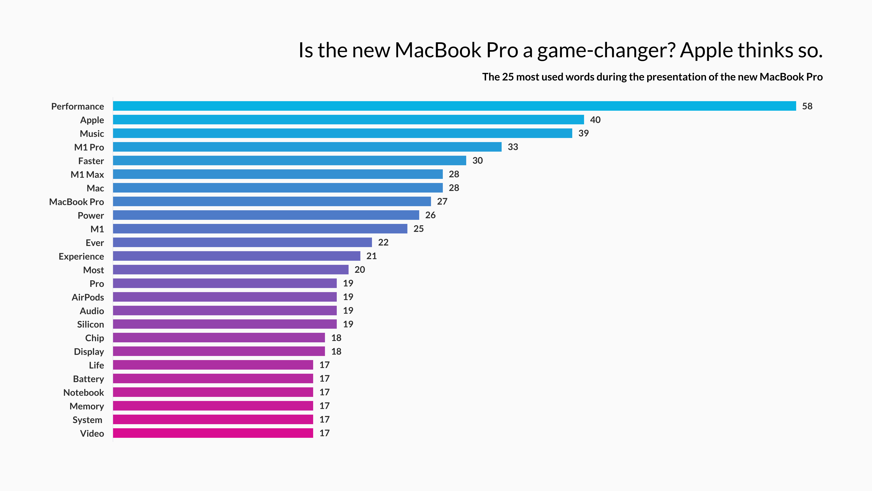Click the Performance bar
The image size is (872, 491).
coord(454,106)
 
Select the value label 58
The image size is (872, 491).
coord(807,106)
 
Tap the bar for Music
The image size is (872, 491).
coord(342,133)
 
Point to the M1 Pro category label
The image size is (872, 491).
coord(89,147)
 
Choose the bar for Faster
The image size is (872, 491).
coord(290,161)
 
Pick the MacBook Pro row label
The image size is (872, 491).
coord(77,202)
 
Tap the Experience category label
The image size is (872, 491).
coord(81,256)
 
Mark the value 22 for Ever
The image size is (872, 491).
coord(383,242)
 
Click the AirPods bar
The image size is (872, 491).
coord(225,297)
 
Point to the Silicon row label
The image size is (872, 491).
coord(90,325)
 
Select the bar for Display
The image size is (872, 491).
coord(219,351)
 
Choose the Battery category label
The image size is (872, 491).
coord(88,379)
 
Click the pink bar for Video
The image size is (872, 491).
coord(213,433)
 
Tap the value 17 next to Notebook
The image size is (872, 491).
coord(324,392)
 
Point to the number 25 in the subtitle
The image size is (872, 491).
coord(508,77)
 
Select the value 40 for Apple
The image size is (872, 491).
coord(595,120)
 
